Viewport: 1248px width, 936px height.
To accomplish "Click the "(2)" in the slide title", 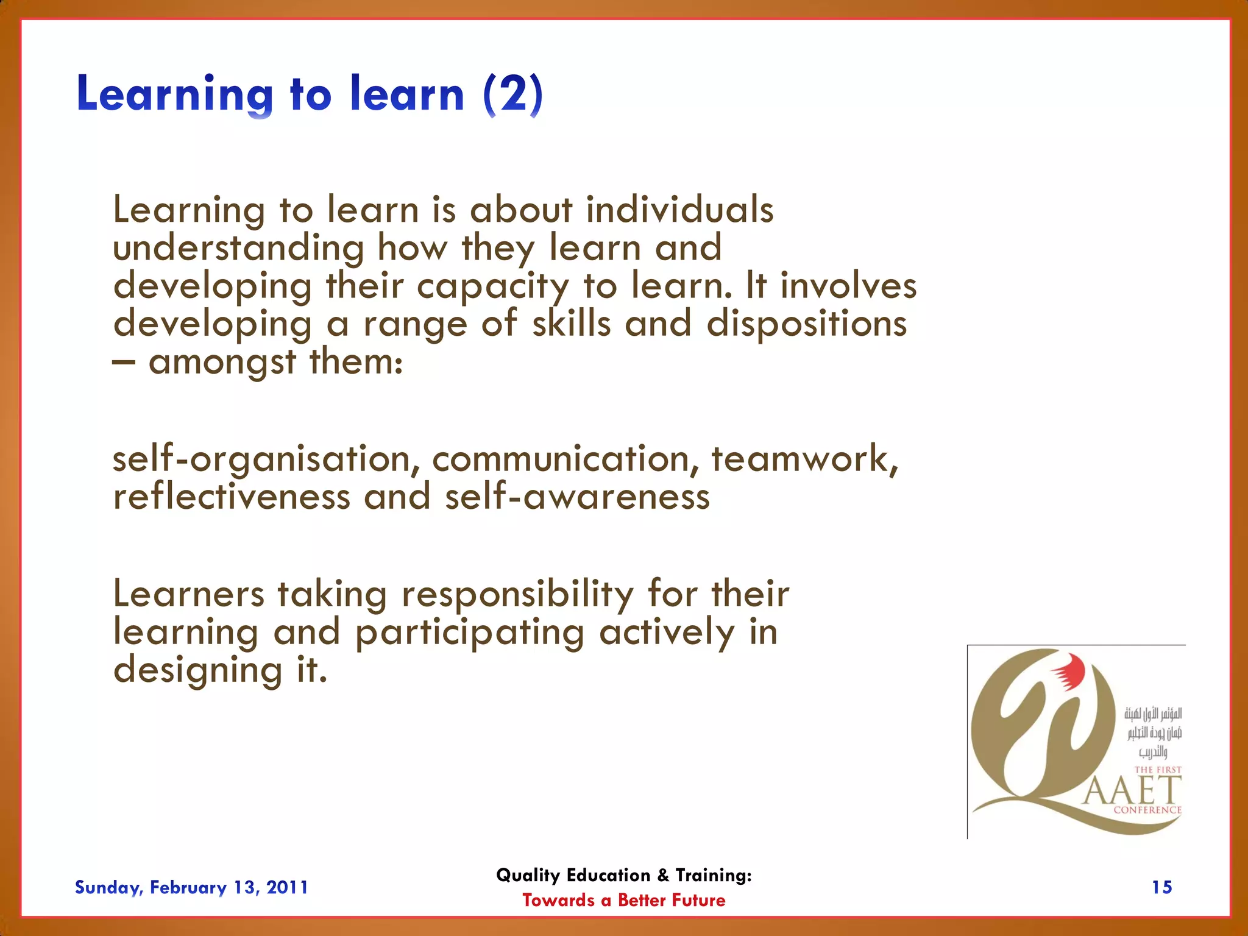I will click(x=512, y=94).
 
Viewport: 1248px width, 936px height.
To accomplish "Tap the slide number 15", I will click(x=1161, y=887).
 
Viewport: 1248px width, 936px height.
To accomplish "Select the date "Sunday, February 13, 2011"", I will click(x=191, y=887).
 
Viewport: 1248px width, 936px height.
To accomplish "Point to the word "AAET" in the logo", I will click(x=1132, y=791).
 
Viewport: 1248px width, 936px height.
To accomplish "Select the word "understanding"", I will click(x=238, y=248).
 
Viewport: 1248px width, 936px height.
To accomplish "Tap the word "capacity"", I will click(x=492, y=286).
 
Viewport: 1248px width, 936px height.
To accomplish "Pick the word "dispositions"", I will click(x=807, y=324).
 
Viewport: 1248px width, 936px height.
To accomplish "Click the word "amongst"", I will click(x=222, y=362).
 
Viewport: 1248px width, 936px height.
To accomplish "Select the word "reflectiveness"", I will click(x=232, y=497).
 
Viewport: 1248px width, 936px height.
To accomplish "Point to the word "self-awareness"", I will click(x=577, y=497).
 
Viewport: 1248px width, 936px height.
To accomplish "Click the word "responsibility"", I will click(x=517, y=594).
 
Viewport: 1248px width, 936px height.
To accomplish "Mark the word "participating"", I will click(x=470, y=633).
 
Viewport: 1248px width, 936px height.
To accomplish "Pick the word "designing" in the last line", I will click(x=198, y=671).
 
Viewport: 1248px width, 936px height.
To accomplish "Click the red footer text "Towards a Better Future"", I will click(x=623, y=900).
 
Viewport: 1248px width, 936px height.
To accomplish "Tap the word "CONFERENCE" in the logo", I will click(x=1147, y=810).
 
